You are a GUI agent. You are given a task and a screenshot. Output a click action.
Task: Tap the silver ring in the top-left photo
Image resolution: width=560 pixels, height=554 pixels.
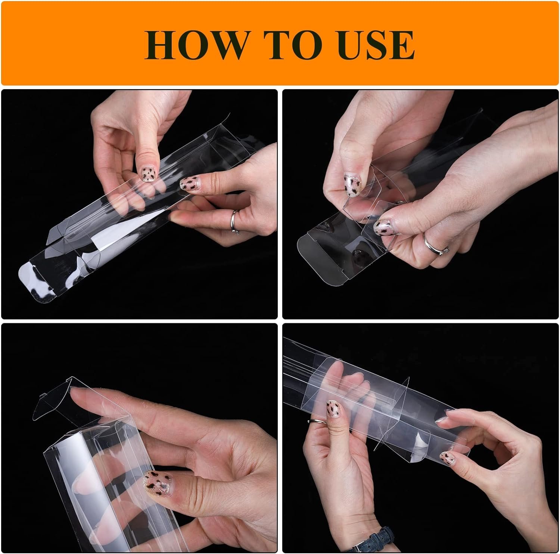click(234, 221)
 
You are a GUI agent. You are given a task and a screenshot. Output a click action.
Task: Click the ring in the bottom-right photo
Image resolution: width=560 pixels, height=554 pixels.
click(317, 421)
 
